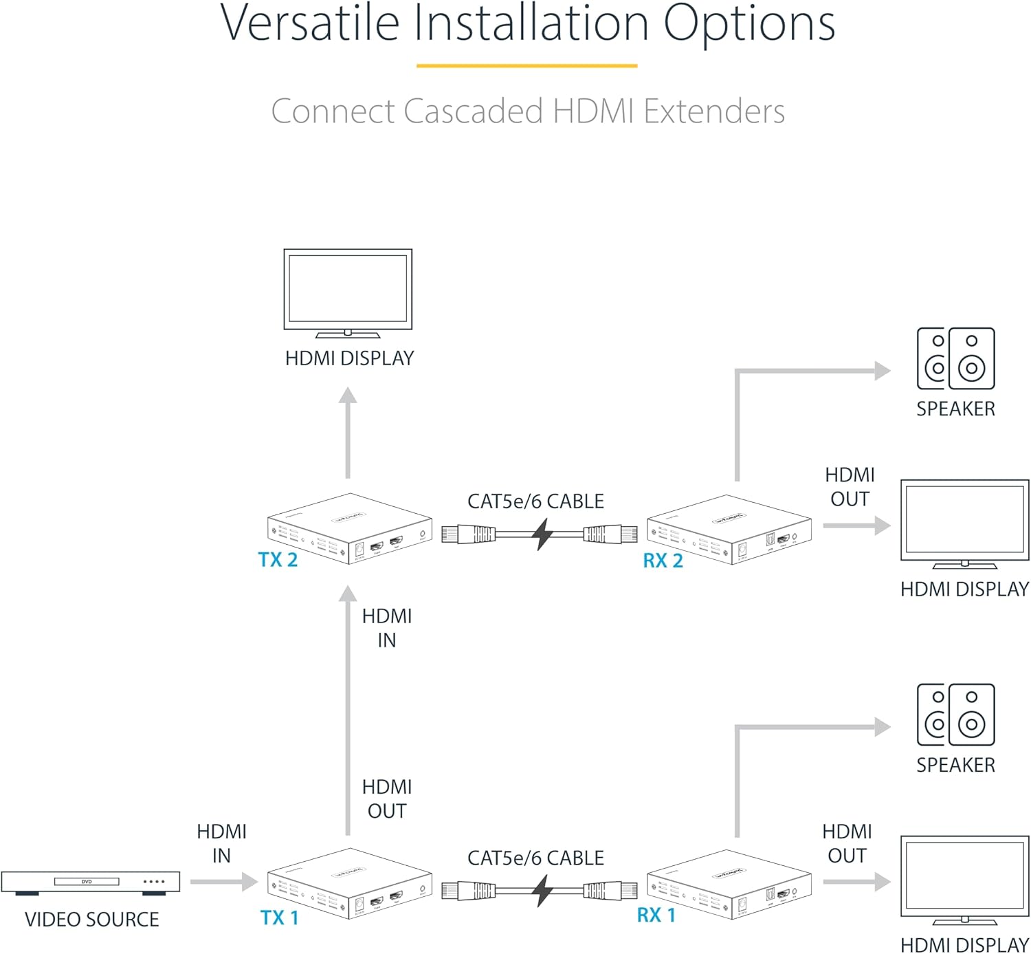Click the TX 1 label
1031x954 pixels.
[279, 918]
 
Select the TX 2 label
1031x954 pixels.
[278, 560]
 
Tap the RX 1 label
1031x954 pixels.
[656, 915]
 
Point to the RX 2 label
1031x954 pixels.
[663, 561]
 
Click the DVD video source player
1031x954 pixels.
[90, 882]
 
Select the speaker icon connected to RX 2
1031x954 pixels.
[955, 358]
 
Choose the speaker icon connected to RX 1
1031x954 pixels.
[955, 715]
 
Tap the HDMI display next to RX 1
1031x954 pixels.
[964, 880]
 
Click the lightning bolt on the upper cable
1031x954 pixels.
[543, 534]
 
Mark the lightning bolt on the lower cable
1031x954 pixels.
[543, 891]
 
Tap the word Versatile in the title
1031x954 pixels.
[309, 23]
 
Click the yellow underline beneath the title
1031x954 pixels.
[526, 66]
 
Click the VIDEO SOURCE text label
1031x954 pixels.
[91, 920]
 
